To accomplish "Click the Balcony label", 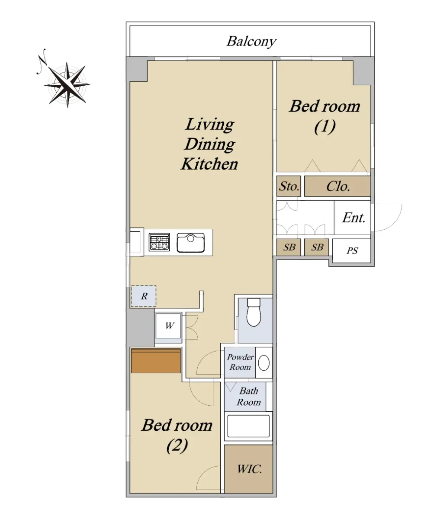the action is coord(251,42).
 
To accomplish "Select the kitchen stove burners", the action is coord(159,243).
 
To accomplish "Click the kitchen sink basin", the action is coord(191,243).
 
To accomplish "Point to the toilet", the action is coord(254,312).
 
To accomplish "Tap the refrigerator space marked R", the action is coord(144,296).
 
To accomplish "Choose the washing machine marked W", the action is coord(168,326).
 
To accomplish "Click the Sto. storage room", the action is coord(289,186).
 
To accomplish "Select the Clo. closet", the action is coord(337,186).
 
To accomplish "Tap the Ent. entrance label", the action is coord(354,218).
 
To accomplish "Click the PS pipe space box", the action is coord(351,251).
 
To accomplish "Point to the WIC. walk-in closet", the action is coord(248,469).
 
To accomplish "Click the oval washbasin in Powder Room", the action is coord(264,363).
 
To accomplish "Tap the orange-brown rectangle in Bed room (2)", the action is coord(156,361).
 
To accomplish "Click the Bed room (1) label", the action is coord(325,116).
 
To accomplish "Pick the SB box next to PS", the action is coord(317,247).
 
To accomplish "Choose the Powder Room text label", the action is coord(240,362).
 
